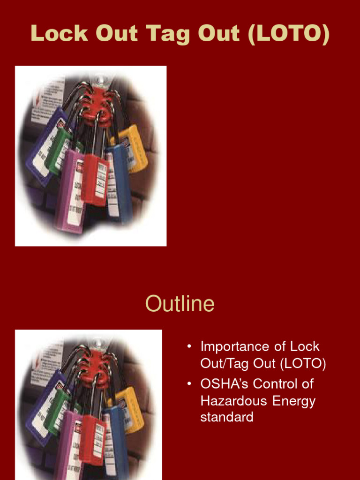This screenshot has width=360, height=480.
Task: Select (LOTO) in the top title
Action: [289, 34]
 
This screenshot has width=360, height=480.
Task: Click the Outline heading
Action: [180, 304]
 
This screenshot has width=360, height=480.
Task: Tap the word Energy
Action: [294, 401]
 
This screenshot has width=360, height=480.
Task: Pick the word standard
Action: [227, 417]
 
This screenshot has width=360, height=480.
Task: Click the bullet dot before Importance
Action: [189, 347]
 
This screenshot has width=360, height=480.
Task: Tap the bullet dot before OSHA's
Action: [189, 384]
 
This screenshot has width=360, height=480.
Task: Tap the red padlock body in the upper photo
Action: [94, 178]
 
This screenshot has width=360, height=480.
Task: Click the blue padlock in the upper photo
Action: [120, 183]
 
